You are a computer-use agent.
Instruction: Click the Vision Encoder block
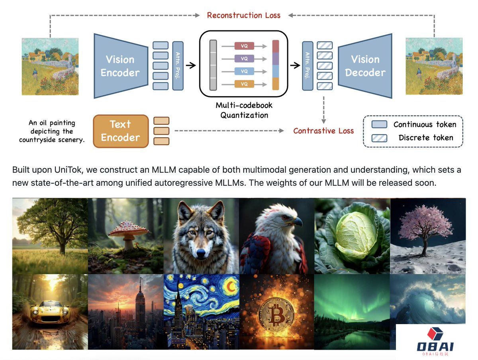tap(120, 66)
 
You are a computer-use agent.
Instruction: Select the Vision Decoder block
tap(365, 66)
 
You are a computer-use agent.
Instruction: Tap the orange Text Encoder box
tap(120, 131)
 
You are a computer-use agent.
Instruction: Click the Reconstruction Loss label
tap(243, 16)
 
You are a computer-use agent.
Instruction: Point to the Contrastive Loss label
tap(323, 131)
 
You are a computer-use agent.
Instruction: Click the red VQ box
tap(244, 46)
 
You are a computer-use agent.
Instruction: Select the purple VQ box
tap(244, 59)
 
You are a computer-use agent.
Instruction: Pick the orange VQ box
tap(244, 84)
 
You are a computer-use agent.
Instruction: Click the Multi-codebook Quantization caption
tap(244, 110)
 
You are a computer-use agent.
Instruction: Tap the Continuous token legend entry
tap(425, 124)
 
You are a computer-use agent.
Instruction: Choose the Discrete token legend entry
tap(425, 138)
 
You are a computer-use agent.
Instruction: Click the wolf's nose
tap(201, 252)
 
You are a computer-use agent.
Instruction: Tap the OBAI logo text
tap(435, 346)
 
